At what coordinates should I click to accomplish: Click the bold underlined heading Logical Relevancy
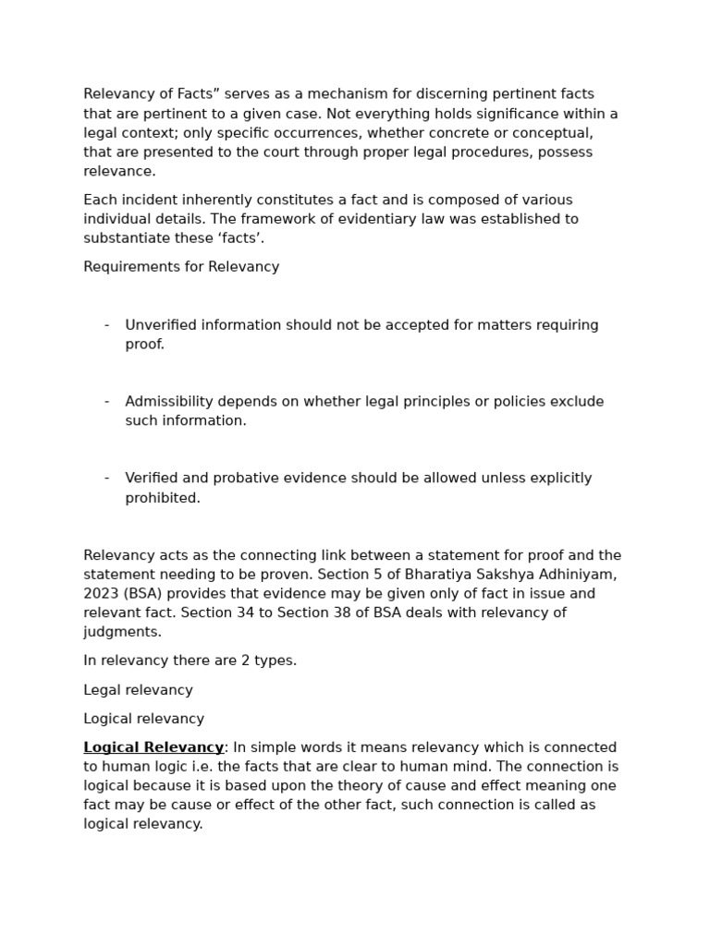click(x=153, y=747)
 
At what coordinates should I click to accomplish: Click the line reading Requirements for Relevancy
click(x=181, y=267)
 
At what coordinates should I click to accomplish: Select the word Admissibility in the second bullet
click(x=168, y=402)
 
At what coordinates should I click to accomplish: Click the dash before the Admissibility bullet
click(x=107, y=402)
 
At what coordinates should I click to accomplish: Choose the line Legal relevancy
click(x=138, y=690)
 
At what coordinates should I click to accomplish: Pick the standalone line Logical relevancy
click(x=143, y=719)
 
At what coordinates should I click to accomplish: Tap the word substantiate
click(x=126, y=238)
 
